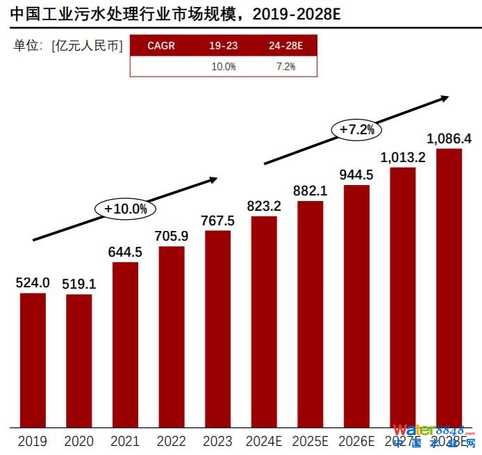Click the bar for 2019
(33, 360)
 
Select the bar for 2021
(125, 344)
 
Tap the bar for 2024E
(264, 321)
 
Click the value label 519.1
(78, 283)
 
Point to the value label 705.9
(172, 235)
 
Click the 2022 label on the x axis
(172, 441)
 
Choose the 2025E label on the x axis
(310, 441)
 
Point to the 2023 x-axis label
(217, 441)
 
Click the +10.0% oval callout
(126, 208)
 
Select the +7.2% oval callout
(357, 129)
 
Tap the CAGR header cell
(161, 46)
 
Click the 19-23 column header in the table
(224, 46)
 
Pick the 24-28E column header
(285, 46)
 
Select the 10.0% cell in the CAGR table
(224, 67)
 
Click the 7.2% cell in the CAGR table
(285, 67)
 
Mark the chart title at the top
(176, 14)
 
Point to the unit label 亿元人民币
(87, 46)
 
